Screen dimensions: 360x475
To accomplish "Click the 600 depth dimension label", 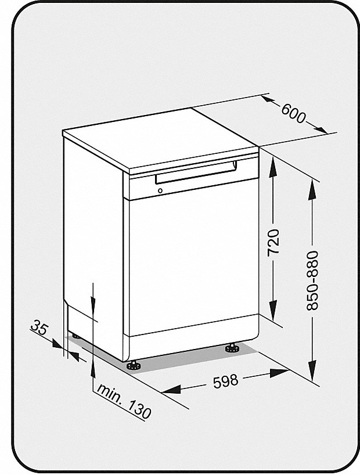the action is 293,113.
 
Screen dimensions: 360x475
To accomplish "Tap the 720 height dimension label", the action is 274,243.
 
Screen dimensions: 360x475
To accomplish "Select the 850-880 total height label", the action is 312,280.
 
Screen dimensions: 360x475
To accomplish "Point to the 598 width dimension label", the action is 226,381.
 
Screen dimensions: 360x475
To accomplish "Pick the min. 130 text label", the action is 124,401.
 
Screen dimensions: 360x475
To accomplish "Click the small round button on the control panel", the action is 160,190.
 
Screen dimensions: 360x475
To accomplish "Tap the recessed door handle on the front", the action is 196,172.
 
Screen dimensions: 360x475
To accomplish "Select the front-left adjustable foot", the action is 134,365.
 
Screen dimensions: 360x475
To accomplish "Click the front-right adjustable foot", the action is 232,348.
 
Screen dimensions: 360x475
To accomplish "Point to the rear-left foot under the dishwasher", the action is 74,336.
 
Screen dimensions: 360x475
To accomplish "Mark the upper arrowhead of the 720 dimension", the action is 273,166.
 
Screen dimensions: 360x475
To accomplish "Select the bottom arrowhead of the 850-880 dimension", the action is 312,370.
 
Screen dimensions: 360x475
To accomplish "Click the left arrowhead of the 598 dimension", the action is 171,389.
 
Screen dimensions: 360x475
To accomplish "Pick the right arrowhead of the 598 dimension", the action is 279,373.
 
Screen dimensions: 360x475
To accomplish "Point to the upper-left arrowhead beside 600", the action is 268,100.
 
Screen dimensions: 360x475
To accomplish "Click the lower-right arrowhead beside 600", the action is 321,129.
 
